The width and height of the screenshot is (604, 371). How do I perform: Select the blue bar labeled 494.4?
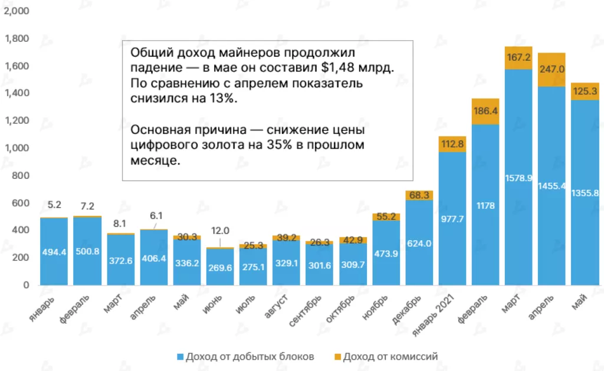pyautogui.click(x=54, y=252)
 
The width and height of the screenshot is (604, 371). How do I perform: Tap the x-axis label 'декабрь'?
pyautogui.click(x=406, y=310)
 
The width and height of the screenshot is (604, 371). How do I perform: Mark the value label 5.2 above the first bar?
pyautogui.click(x=54, y=205)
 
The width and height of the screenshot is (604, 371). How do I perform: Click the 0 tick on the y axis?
pyautogui.click(x=25, y=285)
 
